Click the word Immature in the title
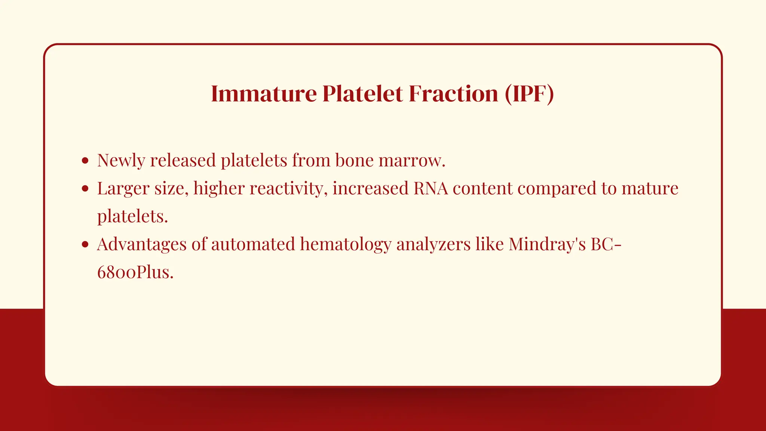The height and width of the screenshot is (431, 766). pos(264,94)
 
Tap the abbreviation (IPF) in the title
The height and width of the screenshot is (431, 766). pos(529,94)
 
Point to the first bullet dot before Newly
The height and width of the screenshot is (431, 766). pos(85,161)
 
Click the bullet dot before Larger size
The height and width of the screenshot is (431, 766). pos(85,189)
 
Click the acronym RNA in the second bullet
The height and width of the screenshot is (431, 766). pos(431,188)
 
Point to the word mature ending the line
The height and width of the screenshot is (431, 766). pos(650,188)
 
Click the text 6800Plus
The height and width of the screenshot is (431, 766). pos(135,272)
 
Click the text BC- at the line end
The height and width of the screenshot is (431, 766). pos(606,244)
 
